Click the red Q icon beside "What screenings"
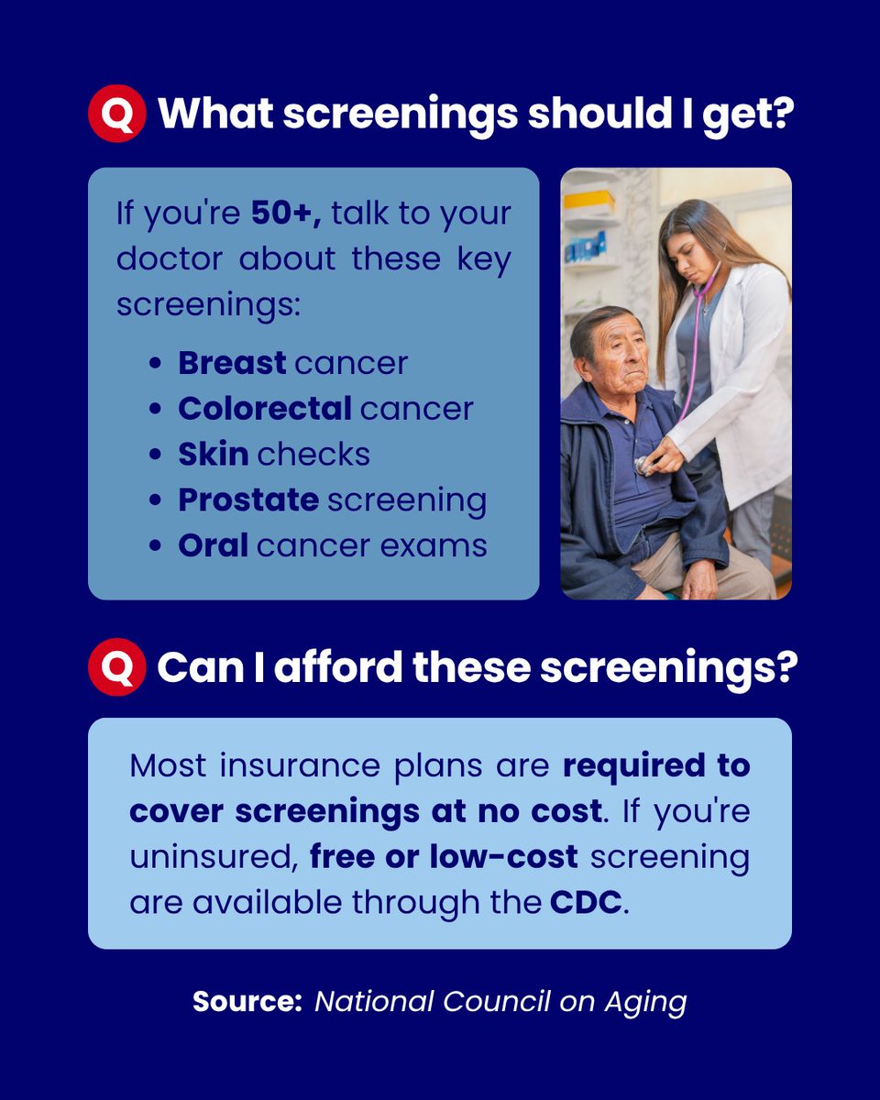pos(116,113)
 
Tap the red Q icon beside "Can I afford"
pos(116,667)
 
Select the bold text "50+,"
pos(287,214)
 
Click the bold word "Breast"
pos(232,363)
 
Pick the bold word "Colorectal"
pos(265,409)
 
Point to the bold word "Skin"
pos(214,455)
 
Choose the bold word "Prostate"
pos(248,500)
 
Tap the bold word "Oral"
pos(213,546)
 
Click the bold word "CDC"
pos(586,902)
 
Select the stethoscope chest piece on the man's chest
pos(644,467)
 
